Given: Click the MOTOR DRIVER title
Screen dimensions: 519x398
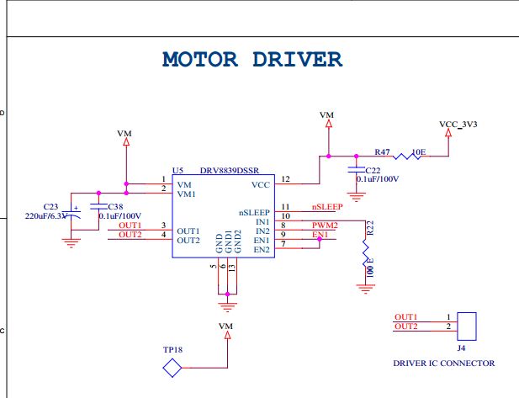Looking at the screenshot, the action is click(252, 59).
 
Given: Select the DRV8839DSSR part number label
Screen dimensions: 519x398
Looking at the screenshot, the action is click(230, 171).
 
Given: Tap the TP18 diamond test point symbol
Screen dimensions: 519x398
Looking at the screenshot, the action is click(172, 368).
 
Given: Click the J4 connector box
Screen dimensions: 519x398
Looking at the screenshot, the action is click(467, 326).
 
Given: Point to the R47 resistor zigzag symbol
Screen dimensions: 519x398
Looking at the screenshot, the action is click(407, 156).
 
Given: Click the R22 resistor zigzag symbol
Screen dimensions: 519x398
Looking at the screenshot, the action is click(365, 252).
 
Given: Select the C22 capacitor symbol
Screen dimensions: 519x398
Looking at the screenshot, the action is click(356, 169).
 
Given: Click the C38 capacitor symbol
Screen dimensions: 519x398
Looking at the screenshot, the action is click(98, 207).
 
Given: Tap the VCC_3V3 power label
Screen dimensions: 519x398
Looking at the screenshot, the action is click(458, 125).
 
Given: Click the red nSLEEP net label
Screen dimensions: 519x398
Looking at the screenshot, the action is click(327, 207).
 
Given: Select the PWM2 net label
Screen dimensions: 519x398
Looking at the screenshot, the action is click(325, 226).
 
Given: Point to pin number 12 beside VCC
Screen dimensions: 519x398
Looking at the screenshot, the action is click(285, 179).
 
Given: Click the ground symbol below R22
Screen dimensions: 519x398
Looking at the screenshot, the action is click(365, 289).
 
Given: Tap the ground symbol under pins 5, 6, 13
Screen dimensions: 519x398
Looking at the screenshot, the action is click(227, 307).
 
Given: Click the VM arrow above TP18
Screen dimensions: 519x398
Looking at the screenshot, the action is click(228, 335).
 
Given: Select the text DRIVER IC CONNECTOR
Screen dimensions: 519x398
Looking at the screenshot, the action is click(444, 364).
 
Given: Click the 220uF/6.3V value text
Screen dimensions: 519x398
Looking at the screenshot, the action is click(46, 216).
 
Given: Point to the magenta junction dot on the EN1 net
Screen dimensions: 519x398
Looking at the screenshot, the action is click(320, 239).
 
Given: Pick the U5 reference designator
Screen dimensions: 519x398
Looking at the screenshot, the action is click(177, 171).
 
